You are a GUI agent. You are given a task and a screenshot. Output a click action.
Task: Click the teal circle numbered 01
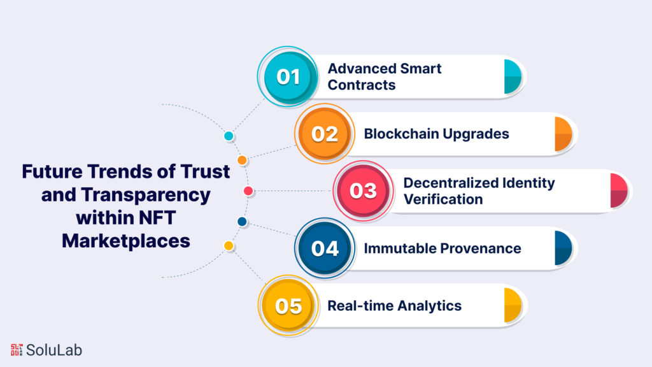tap(288, 77)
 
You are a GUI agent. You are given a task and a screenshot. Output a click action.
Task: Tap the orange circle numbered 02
tap(325, 134)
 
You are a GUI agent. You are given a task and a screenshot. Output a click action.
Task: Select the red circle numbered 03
tap(363, 191)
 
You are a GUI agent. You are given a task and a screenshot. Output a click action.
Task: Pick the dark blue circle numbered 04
tap(325, 248)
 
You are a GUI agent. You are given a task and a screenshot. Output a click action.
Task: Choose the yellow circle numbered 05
tap(288, 305)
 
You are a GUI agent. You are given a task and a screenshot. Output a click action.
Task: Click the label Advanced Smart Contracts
tap(384, 76)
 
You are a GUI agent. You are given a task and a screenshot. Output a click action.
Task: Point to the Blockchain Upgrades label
tap(436, 134)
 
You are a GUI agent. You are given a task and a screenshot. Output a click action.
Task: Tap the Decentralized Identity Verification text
tap(479, 191)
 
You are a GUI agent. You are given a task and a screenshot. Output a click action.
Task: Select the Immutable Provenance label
tap(442, 248)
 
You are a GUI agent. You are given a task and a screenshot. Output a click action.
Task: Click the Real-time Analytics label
tap(394, 305)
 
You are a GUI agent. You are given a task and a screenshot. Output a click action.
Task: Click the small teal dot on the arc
tap(229, 136)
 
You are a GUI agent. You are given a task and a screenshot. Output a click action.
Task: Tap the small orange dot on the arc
tap(242, 160)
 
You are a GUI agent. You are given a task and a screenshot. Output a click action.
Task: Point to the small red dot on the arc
tap(249, 191)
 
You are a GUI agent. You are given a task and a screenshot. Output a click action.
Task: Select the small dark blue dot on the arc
tap(242, 222)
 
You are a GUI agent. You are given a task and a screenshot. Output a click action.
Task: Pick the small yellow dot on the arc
tap(229, 245)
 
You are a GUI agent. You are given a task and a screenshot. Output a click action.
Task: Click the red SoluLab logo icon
tap(17, 350)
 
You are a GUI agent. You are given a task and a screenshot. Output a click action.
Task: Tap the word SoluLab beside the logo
tap(54, 350)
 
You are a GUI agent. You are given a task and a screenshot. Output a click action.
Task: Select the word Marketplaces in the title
tap(125, 241)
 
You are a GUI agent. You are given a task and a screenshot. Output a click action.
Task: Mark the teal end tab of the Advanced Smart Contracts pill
tap(513, 76)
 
